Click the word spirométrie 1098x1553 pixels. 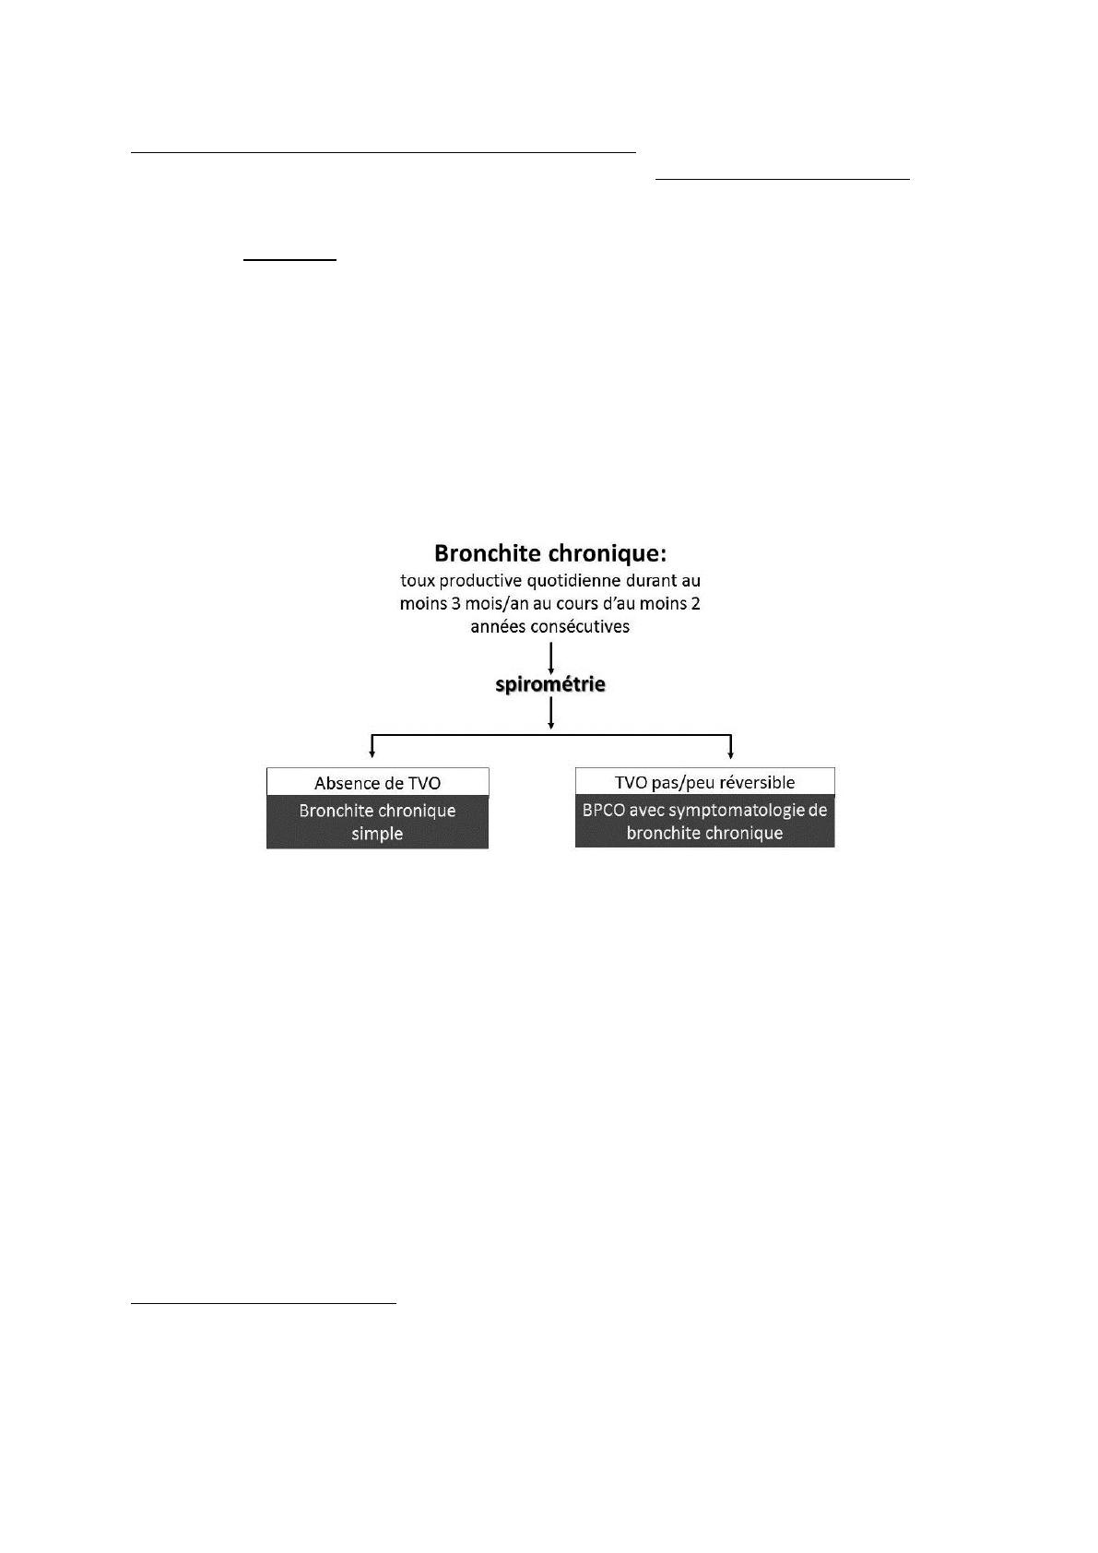(x=550, y=685)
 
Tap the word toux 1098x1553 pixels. (x=418, y=580)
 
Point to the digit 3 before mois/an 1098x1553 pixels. (x=456, y=603)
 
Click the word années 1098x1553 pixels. (x=495, y=627)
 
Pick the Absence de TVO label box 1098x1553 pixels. (x=378, y=782)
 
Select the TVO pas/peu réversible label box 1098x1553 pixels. (x=705, y=781)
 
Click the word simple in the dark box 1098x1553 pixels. (x=377, y=834)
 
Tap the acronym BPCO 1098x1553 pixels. (x=604, y=810)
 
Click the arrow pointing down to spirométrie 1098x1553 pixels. (x=551, y=658)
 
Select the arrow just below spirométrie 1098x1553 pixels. (x=551, y=713)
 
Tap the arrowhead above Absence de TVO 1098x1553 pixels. (x=372, y=753)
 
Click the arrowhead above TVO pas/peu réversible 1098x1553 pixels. (x=730, y=753)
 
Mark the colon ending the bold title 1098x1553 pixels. (x=664, y=555)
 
